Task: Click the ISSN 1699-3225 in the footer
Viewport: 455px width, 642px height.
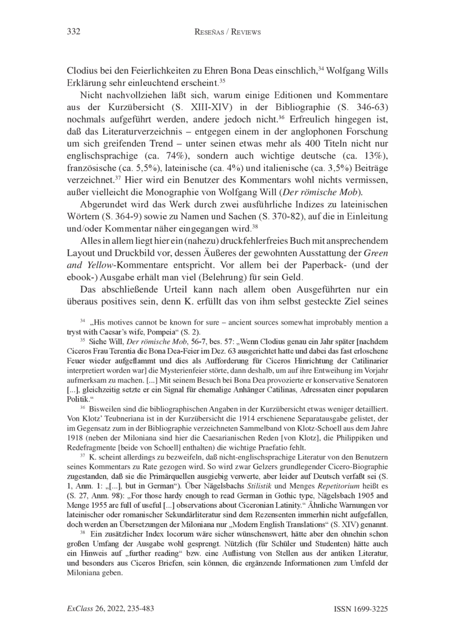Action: [361, 609]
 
